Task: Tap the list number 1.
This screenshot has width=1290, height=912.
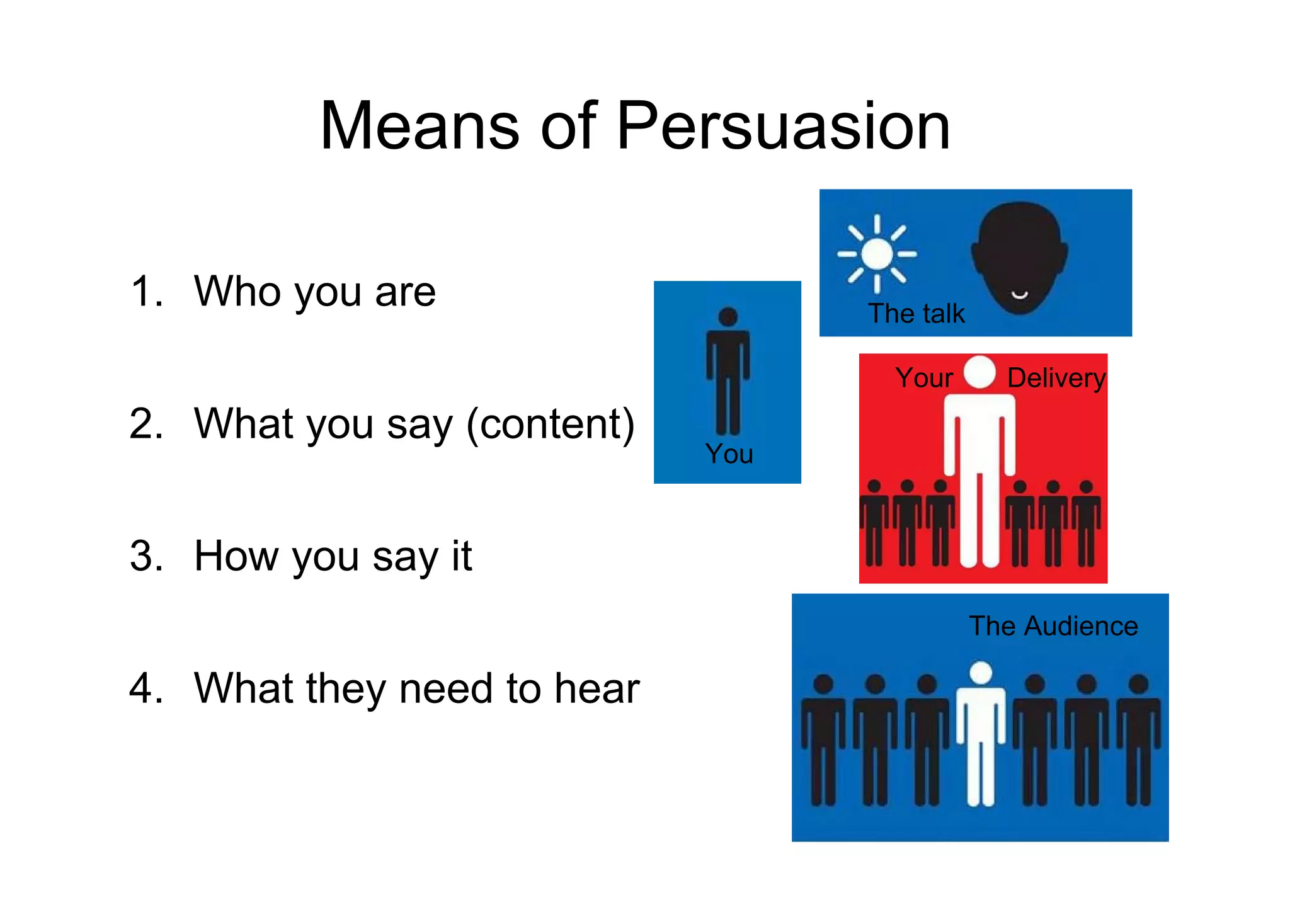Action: (x=146, y=292)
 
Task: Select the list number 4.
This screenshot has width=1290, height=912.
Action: (x=146, y=688)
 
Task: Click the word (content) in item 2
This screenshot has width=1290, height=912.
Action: (x=550, y=425)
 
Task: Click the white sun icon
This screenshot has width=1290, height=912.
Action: (x=877, y=254)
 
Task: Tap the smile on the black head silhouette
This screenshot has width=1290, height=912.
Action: (x=1019, y=295)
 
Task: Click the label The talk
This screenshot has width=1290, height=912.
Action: (x=916, y=313)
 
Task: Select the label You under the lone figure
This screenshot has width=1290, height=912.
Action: (x=729, y=453)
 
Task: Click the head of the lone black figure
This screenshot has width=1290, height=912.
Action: (x=728, y=317)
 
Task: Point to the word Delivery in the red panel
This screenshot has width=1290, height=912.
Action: (x=1056, y=378)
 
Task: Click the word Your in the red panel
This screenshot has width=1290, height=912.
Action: (x=924, y=378)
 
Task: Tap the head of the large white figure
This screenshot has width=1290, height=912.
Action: (x=979, y=372)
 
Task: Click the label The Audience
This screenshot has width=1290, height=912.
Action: (x=1053, y=626)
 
